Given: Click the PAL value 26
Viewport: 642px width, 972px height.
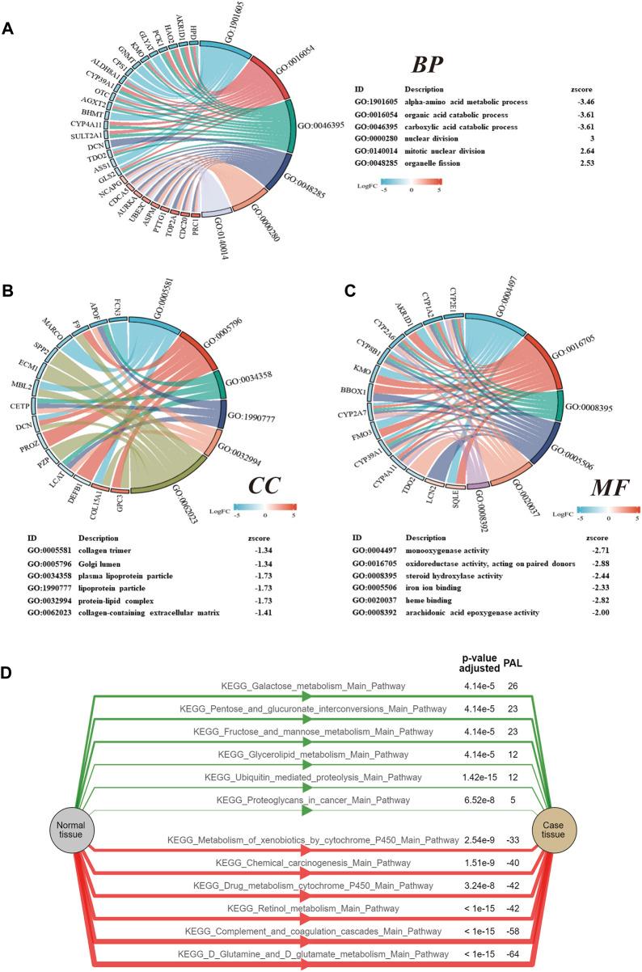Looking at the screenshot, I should coord(513,687).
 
